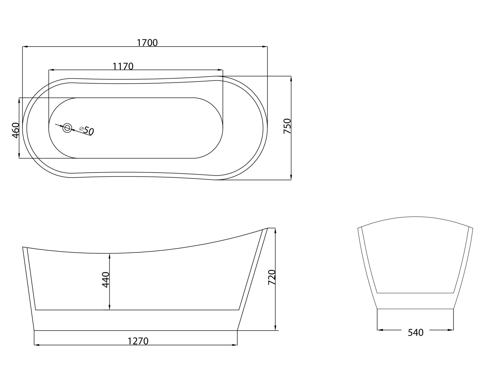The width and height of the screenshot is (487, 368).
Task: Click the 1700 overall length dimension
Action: click(147, 43)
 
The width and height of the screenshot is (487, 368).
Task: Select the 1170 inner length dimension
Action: click(123, 66)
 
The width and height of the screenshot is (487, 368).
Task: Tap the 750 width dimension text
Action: click(287, 126)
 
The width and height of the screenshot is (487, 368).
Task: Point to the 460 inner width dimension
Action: click(16, 130)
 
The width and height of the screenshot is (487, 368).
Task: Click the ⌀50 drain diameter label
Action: click(87, 131)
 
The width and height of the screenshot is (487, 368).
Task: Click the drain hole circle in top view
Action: click(67, 128)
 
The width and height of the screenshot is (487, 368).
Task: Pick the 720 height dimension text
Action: click(271, 277)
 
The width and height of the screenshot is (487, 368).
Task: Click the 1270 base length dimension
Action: click(138, 341)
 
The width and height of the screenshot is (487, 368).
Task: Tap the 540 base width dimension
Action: click(416, 333)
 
